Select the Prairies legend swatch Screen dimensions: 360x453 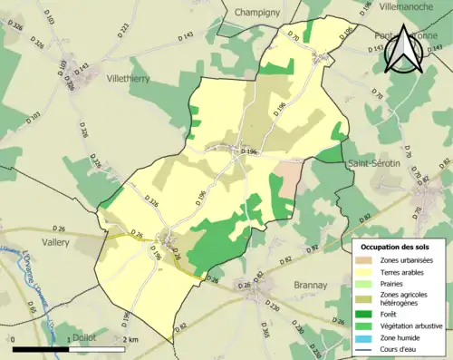pos(369,284)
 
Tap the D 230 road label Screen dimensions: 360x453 pos(273,307)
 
